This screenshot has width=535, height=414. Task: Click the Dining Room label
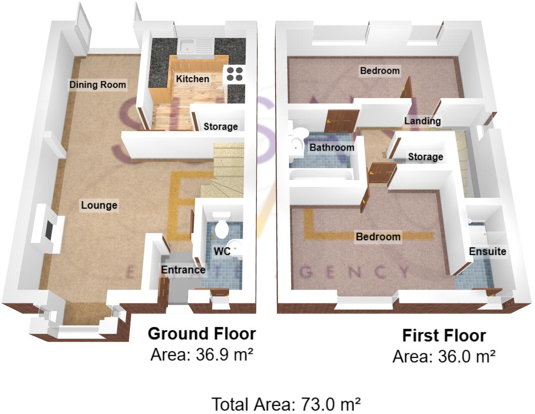(x=97, y=85)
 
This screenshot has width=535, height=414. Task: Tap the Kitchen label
(x=192, y=78)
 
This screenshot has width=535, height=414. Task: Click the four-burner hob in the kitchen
(x=234, y=73)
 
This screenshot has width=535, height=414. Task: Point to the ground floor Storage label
(x=221, y=126)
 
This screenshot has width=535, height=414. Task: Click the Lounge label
(x=99, y=205)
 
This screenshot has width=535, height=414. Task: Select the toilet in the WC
(x=221, y=225)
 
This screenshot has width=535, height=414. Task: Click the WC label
(x=222, y=251)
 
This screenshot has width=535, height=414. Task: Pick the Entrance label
(x=183, y=270)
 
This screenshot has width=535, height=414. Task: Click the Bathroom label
(x=332, y=147)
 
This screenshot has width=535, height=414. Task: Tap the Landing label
(x=422, y=121)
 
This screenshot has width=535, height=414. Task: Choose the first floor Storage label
(x=425, y=157)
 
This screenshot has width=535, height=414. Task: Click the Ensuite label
(x=487, y=251)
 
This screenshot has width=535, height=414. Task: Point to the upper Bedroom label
(x=380, y=71)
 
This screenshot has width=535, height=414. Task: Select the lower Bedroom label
(x=378, y=237)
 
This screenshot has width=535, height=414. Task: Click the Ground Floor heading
(x=202, y=334)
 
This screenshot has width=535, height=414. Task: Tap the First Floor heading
(x=444, y=336)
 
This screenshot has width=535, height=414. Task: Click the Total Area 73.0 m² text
(x=286, y=404)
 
